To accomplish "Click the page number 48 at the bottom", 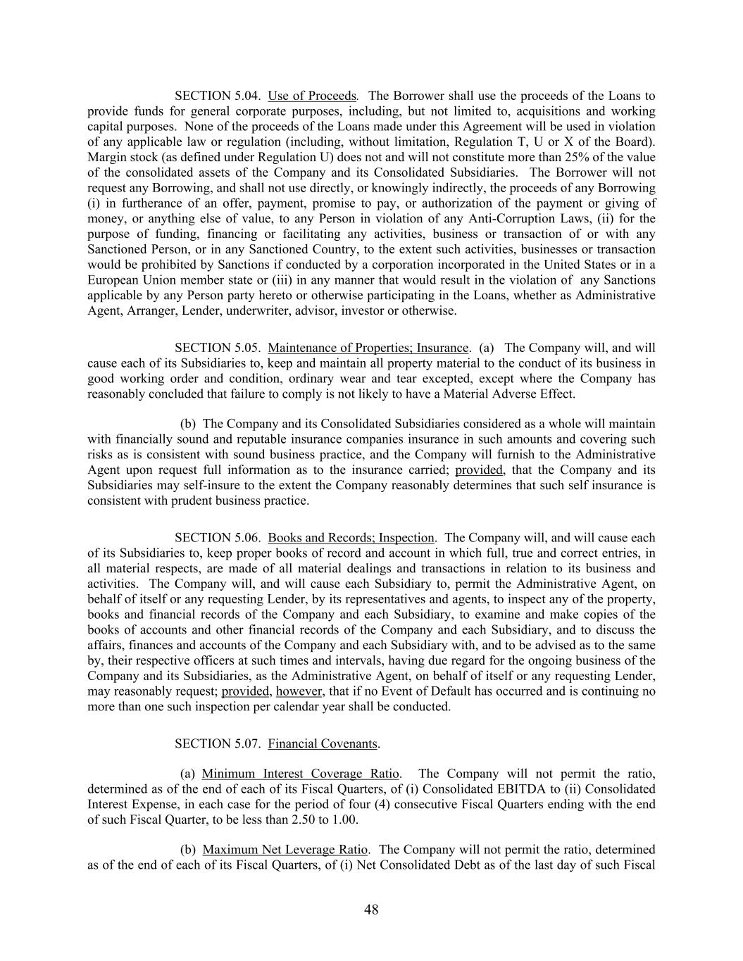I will tap(371, 910).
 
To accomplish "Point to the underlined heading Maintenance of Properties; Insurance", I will tap(368, 348).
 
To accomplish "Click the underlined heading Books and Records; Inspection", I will tap(351, 538).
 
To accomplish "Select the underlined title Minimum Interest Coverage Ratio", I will tap(301, 774).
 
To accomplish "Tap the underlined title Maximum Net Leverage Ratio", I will tap(285, 850).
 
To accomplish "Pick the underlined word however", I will tap(299, 691).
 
